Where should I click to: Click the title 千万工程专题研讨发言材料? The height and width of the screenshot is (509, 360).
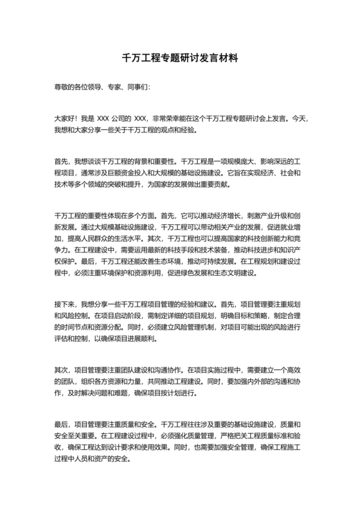point(180,58)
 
